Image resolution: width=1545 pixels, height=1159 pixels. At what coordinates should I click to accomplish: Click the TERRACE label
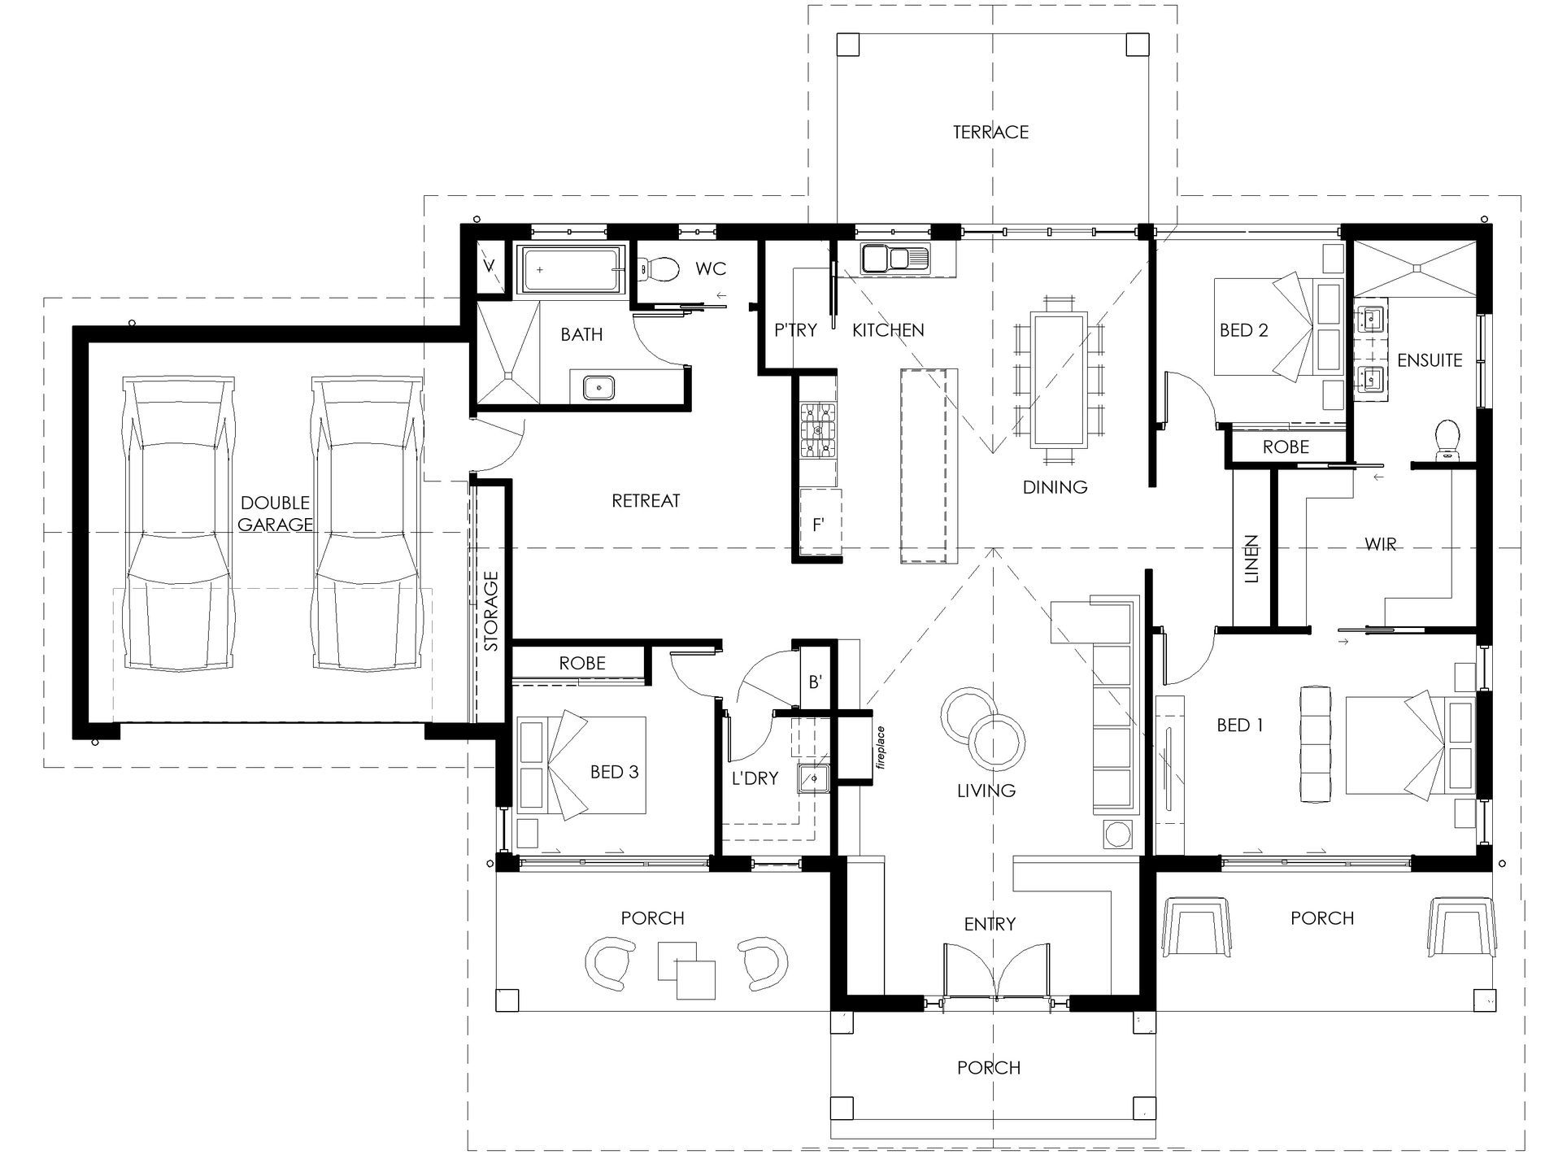990,132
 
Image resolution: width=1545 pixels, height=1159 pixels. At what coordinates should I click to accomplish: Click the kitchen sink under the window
894,259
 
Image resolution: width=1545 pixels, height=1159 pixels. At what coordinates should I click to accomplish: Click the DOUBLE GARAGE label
275,513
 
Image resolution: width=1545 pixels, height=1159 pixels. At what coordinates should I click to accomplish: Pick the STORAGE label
491,611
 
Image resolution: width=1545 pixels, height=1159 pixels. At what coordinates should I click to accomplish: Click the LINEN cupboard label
1251,559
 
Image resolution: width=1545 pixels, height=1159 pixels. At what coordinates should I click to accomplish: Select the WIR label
1381,544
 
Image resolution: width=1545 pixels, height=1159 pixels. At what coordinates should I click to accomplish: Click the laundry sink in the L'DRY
812,778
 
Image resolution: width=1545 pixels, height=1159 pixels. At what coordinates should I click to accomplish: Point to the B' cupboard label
816,682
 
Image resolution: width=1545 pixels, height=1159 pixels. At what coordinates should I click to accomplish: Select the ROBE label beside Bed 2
1286,447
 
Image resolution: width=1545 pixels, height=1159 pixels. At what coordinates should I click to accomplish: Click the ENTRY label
990,924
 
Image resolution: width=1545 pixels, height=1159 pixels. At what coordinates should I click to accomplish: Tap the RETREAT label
646,501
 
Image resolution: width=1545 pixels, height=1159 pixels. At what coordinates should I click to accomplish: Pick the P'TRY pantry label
794,330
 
